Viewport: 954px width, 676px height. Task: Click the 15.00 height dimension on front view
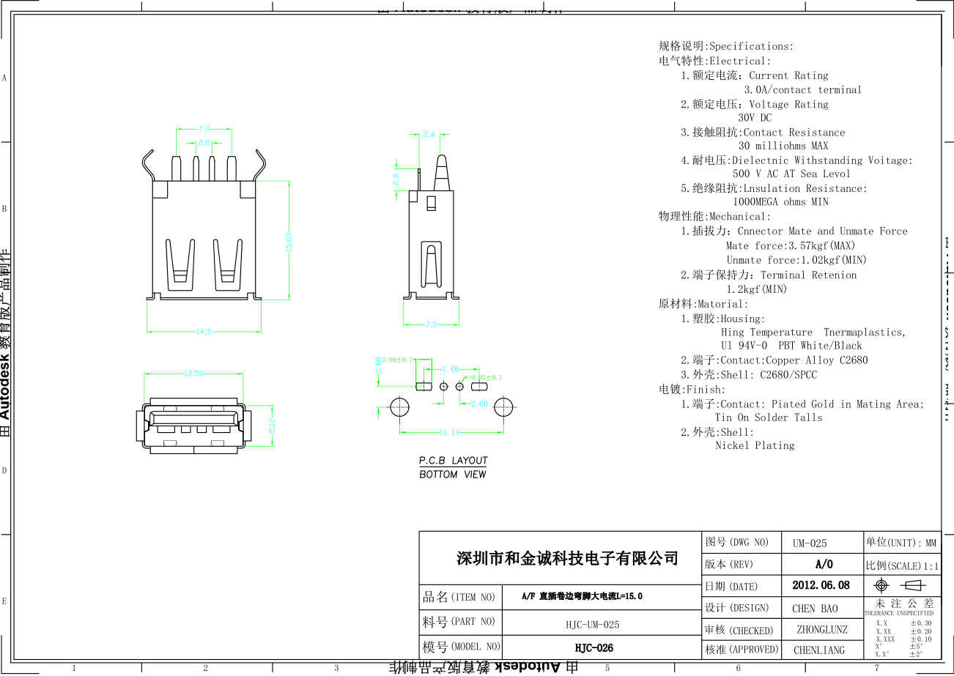pos(289,242)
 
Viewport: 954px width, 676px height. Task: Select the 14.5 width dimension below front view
pos(203,332)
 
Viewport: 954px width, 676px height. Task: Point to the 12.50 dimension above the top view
pos(193,374)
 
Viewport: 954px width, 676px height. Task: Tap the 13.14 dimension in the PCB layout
pos(449,433)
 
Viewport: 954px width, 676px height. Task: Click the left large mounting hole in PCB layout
pos(399,406)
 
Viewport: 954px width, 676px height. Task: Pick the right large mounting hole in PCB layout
pos(503,406)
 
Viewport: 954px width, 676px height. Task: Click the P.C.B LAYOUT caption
pos(453,461)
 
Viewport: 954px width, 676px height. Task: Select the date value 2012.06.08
pos(821,585)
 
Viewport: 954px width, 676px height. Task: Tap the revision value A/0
pos(824,564)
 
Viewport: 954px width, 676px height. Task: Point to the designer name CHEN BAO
pos(814,608)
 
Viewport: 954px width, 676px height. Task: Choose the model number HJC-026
pos(594,648)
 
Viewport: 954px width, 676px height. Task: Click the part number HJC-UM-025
pos(592,624)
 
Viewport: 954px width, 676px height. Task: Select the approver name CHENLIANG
pos(818,650)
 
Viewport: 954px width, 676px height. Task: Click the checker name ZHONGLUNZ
pos(821,629)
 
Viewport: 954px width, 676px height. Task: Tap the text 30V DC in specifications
pos(754,117)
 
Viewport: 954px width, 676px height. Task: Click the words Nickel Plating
pos(754,445)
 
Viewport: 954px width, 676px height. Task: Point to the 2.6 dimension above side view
pos(429,135)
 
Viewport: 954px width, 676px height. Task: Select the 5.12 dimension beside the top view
pos(272,426)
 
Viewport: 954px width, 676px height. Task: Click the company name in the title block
pos(567,559)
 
